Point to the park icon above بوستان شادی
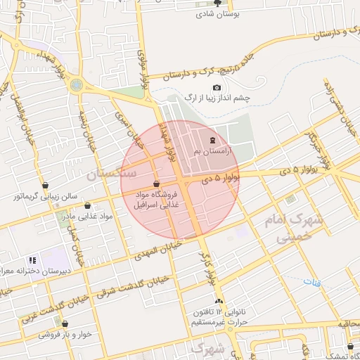pyautogui.click(x=217, y=3)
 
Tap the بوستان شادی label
pyautogui.click(x=219, y=13)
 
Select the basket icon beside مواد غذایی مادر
pyautogui.click(x=87, y=206)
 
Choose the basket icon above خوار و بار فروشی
pyautogui.click(x=65, y=324)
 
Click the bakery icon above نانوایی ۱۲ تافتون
pyautogui.click(x=219, y=300)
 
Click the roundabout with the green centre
pyautogui.click(x=76, y=85)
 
